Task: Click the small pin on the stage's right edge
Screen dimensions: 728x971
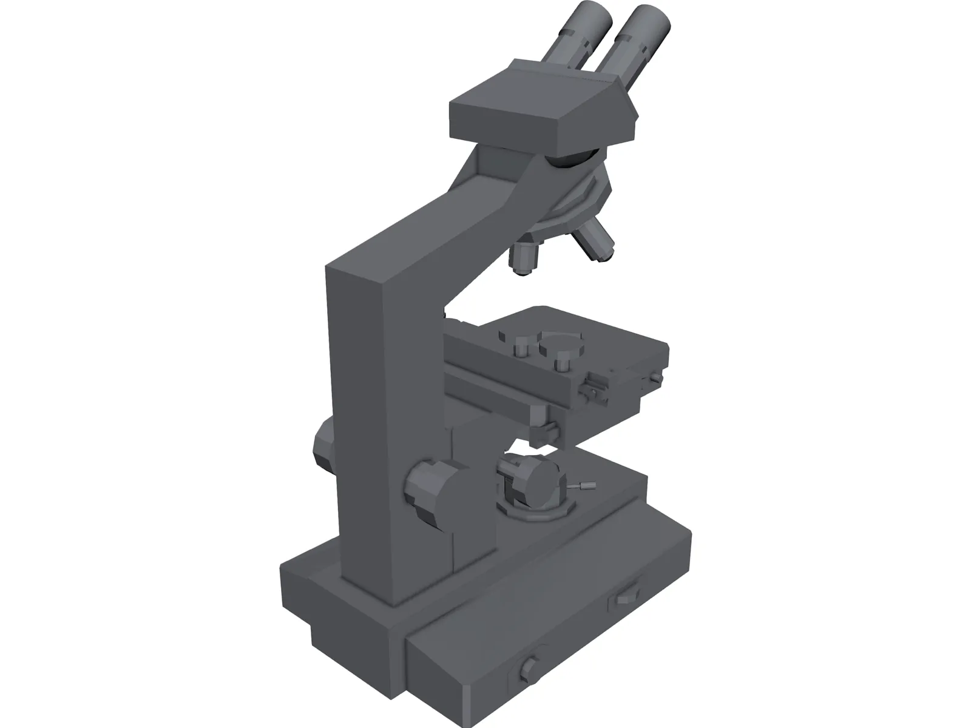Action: tap(654, 379)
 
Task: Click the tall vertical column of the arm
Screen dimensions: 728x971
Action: tap(364, 425)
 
